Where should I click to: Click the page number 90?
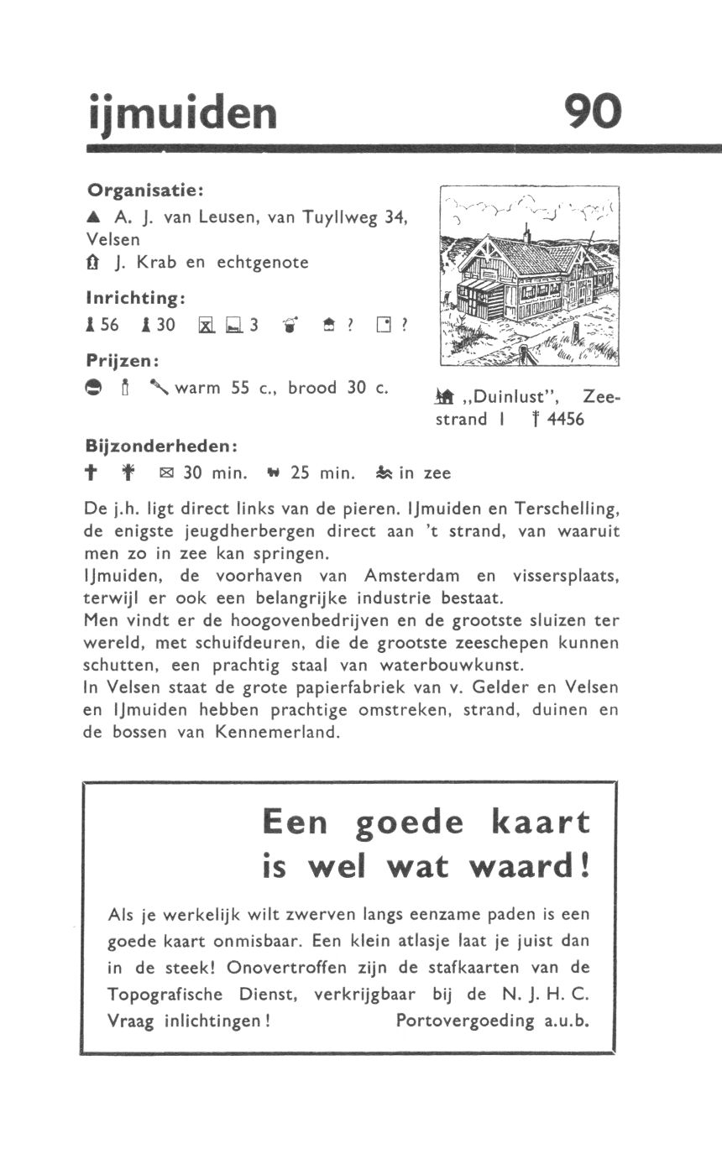coord(594,112)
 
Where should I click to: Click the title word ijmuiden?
coord(182,112)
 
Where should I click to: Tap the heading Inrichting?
coord(136,298)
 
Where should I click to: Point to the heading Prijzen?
coord(123,360)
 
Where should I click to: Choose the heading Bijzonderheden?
coord(162,444)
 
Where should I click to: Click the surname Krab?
coord(156,262)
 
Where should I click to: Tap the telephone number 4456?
coord(565,419)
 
